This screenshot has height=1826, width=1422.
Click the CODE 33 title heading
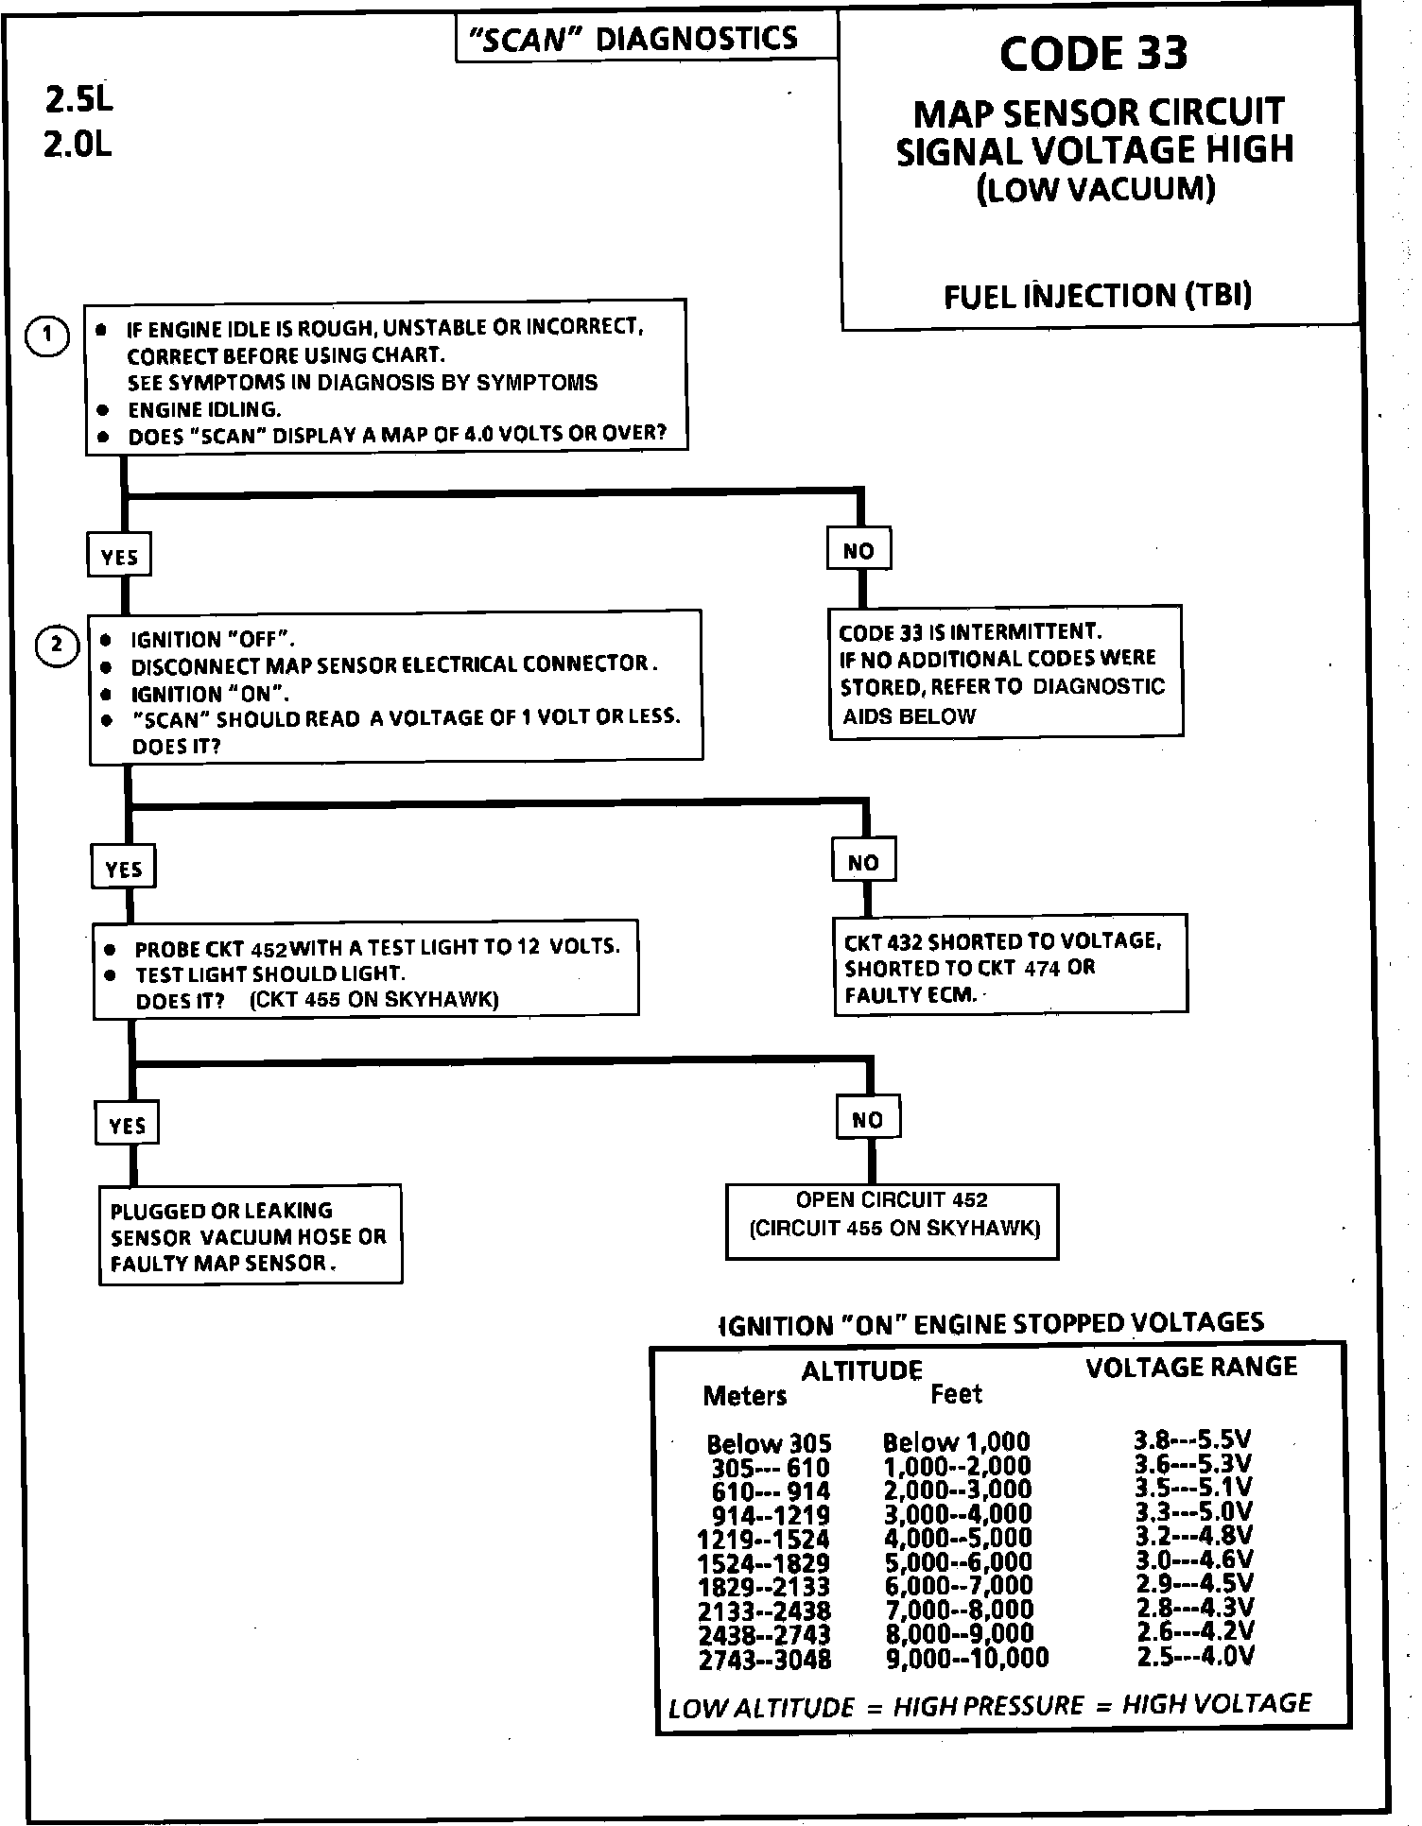[x=1093, y=53]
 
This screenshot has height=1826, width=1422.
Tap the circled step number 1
[x=47, y=336]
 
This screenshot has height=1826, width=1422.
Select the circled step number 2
[x=57, y=646]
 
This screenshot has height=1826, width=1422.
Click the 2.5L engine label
[x=78, y=98]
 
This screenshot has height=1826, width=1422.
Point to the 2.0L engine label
[x=78, y=144]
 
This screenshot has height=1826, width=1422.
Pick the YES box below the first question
[x=119, y=557]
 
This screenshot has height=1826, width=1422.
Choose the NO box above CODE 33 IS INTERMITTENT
[x=858, y=550]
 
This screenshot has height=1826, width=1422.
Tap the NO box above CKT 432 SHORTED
[x=863, y=862]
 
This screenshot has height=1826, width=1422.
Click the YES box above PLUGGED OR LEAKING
[x=127, y=1125]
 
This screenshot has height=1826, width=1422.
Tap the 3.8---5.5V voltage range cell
[x=1192, y=1440]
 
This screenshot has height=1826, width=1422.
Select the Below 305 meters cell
[x=769, y=1444]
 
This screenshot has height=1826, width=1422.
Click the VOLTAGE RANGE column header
[x=1190, y=1368]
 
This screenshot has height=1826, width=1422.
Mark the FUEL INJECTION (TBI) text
[x=1097, y=297]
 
